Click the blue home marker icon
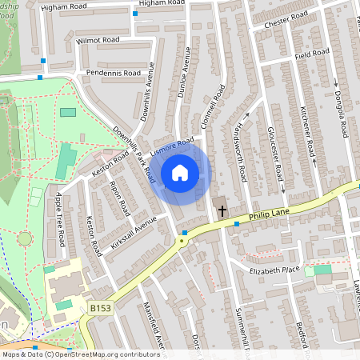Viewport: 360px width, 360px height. (x=180, y=172)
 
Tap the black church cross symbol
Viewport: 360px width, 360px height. (x=222, y=211)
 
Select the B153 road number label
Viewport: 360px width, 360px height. (x=101, y=306)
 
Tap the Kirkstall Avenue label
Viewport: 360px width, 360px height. (x=134, y=231)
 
